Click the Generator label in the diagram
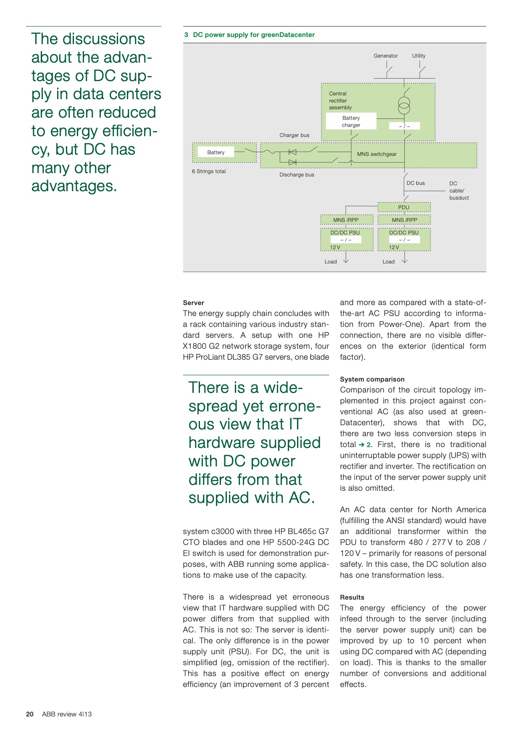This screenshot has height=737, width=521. (x=385, y=56)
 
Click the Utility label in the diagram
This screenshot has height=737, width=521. (x=418, y=56)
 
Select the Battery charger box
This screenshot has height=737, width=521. (x=351, y=121)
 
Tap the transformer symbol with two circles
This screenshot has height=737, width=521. (x=404, y=105)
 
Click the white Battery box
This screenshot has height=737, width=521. (x=216, y=153)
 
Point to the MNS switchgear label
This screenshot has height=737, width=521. (x=376, y=154)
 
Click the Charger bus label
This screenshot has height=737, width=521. (x=294, y=135)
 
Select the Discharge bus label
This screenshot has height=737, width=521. (x=297, y=175)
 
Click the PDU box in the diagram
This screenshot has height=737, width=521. (x=404, y=208)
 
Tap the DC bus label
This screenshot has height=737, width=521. (x=416, y=183)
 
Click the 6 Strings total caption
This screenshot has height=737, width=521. (x=209, y=171)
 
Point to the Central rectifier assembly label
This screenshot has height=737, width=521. (x=340, y=100)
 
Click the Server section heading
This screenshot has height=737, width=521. (x=193, y=303)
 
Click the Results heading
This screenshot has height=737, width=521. (x=352, y=597)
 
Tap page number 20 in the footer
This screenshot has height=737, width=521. (x=30, y=714)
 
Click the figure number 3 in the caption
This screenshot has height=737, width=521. (x=186, y=35)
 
